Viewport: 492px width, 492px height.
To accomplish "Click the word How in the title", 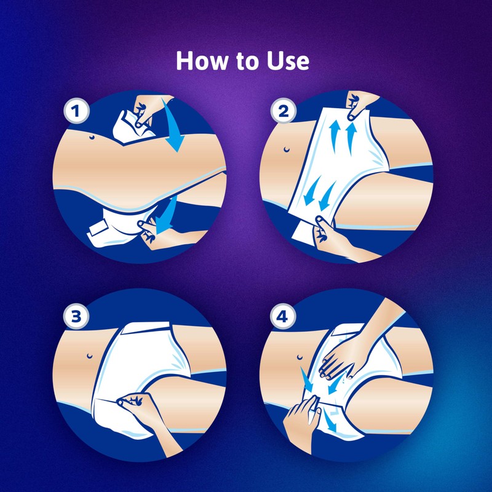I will click(200, 61).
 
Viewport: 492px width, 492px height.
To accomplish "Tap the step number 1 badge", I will click(76, 113).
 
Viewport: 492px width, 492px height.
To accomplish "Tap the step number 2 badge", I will click(283, 113).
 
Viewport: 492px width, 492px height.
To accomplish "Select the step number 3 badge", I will click(76, 317).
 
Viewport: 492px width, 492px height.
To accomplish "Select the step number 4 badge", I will click(283, 318).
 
